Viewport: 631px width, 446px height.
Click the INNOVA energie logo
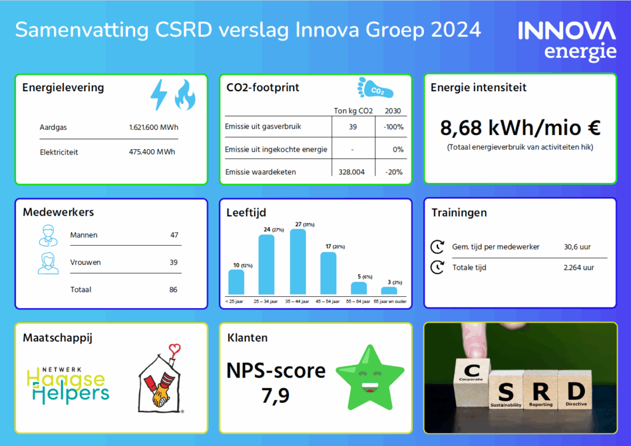[567, 41]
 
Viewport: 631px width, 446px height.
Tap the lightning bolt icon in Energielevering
[159, 94]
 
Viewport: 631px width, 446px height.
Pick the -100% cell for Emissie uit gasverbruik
[392, 127]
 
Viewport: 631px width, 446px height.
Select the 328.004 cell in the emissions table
[352, 172]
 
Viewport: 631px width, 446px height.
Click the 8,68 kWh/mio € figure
[520, 128]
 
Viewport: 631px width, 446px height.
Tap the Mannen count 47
[174, 235]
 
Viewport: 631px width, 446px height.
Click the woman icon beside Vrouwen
[47, 262]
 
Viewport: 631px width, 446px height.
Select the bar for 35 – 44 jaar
[298, 262]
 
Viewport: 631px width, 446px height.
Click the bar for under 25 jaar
[236, 282]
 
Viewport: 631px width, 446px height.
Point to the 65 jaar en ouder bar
[389, 290]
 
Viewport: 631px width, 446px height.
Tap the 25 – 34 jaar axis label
[267, 301]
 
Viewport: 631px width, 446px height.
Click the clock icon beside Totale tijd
[437, 267]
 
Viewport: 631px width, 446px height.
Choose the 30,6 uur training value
[577, 246]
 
